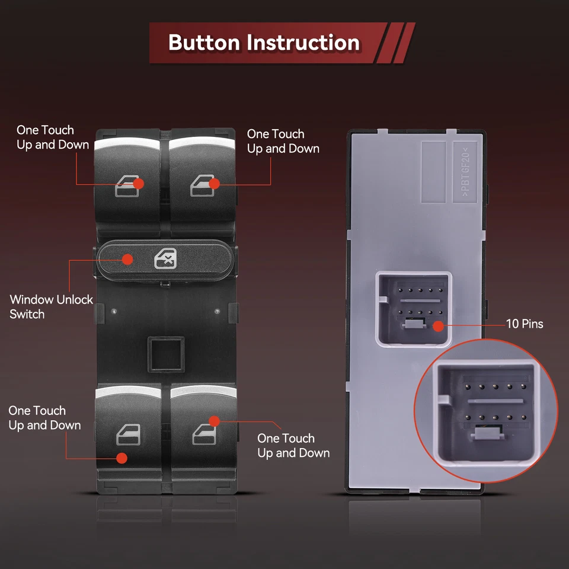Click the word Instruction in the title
[303, 43]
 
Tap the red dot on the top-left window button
[138, 184]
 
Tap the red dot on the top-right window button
[215, 184]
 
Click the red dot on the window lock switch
[127, 258]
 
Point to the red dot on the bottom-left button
[122, 458]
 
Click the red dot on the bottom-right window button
[215, 420]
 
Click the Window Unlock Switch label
[52, 306]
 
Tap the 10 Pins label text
[524, 324]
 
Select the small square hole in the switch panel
[166, 354]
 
